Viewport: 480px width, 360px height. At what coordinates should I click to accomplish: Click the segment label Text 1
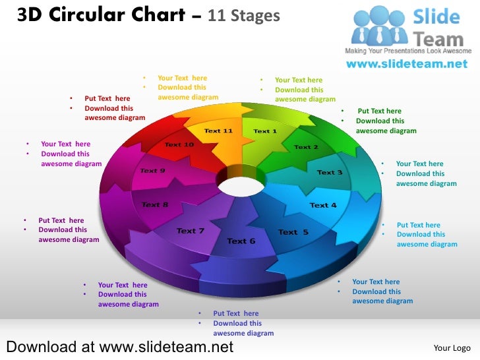[265, 131]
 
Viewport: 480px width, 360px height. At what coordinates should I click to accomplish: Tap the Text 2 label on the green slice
[306, 147]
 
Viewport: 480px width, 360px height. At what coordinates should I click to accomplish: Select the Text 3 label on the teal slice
[330, 172]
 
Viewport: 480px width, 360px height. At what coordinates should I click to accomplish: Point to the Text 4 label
[323, 205]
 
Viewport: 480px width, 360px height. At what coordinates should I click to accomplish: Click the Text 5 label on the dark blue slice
[293, 232]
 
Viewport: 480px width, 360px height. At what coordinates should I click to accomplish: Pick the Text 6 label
[241, 241]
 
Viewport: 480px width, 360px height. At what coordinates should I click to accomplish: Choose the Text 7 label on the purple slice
[191, 231]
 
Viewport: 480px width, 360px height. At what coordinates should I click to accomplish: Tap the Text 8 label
[155, 204]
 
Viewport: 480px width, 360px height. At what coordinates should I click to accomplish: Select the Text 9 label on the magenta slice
[152, 171]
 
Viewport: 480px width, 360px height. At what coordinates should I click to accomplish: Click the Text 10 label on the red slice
[179, 144]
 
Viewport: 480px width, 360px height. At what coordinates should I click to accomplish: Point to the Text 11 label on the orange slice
[218, 131]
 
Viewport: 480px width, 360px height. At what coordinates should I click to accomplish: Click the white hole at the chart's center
[242, 187]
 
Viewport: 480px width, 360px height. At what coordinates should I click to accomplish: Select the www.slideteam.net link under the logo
[407, 64]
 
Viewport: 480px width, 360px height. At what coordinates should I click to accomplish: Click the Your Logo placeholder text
[452, 348]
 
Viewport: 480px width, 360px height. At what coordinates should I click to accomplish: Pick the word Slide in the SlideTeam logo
[436, 16]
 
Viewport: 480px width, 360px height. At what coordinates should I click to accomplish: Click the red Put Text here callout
[107, 98]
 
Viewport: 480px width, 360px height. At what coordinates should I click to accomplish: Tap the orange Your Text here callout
[183, 78]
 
